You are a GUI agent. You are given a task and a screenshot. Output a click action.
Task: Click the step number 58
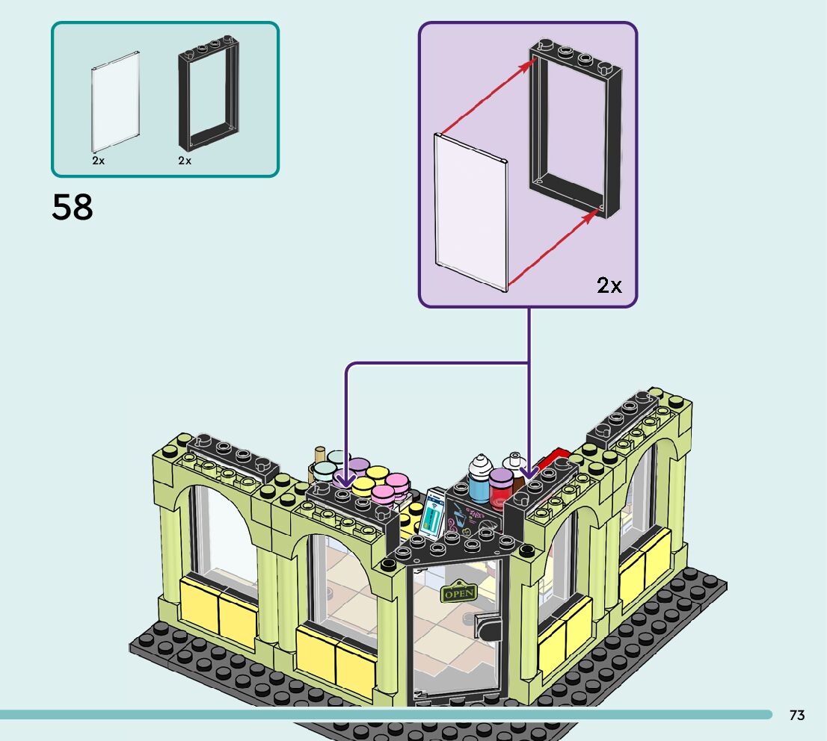(x=73, y=207)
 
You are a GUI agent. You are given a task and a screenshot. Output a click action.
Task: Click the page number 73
(x=797, y=715)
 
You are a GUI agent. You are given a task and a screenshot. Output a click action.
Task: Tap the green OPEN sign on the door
(x=458, y=592)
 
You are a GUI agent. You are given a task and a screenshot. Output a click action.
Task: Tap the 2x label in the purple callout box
(x=609, y=285)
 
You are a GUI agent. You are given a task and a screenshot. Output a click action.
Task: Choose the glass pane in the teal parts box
(x=116, y=99)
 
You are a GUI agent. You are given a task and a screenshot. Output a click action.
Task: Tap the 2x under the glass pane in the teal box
(x=99, y=161)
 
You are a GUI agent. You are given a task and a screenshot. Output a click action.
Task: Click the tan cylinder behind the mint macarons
(x=320, y=457)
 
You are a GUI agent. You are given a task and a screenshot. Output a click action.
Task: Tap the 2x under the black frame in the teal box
(x=185, y=161)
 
